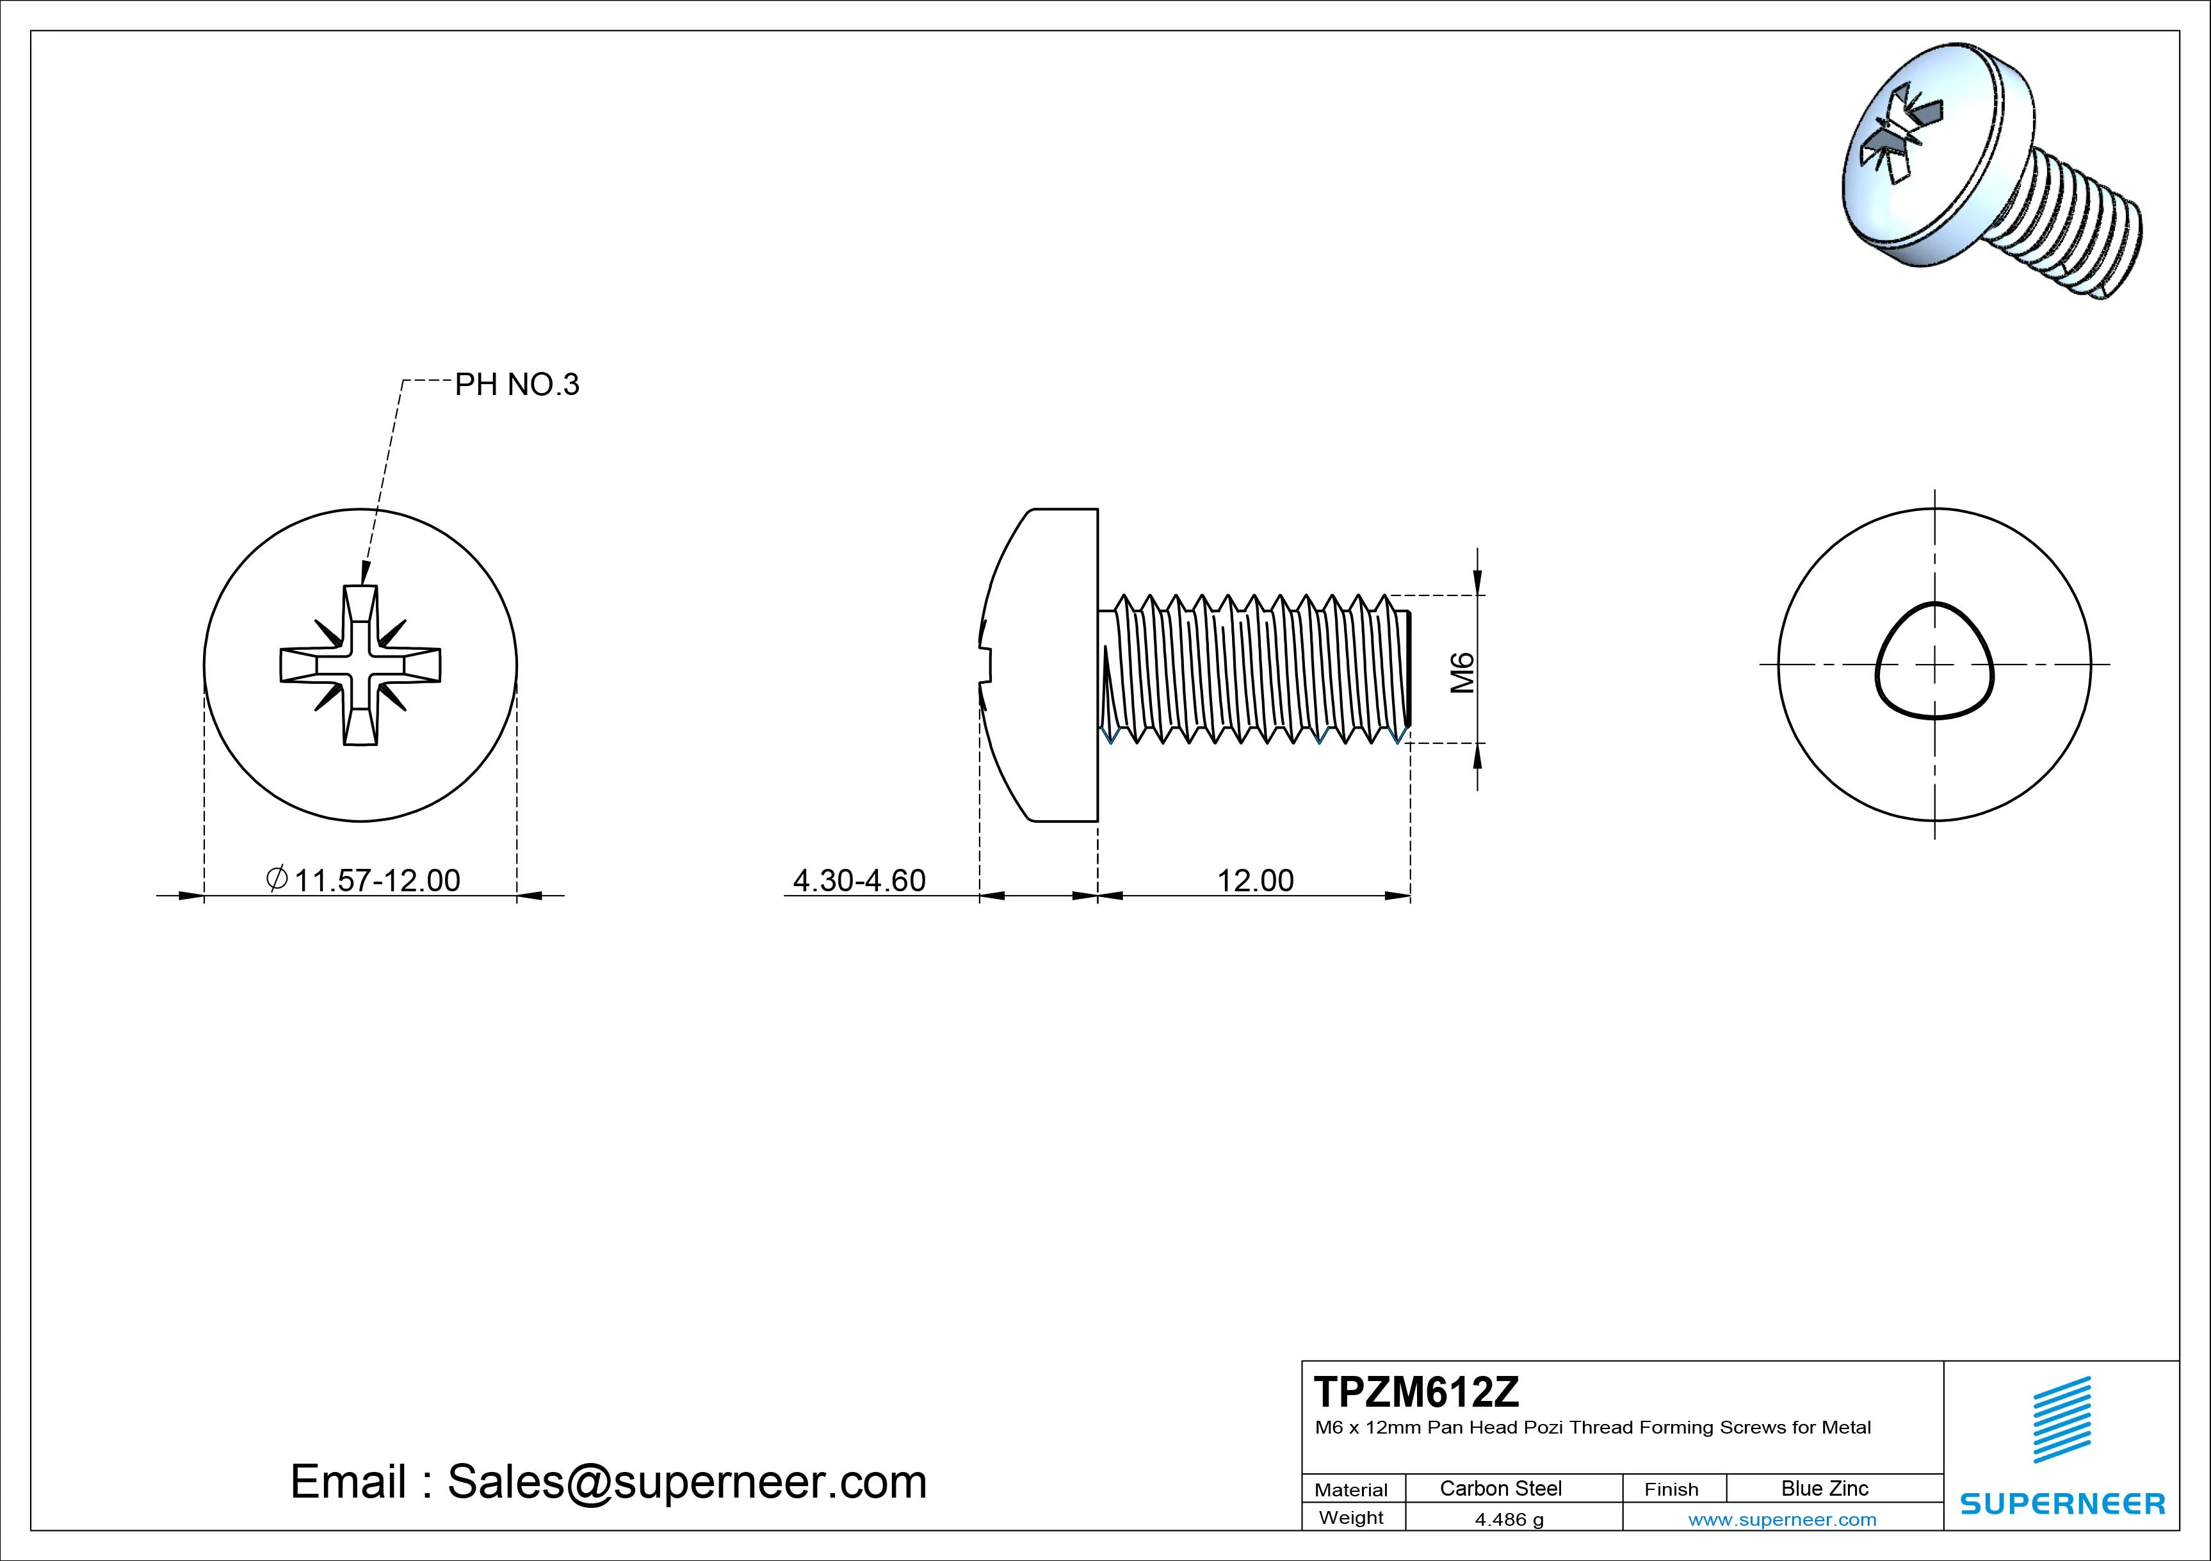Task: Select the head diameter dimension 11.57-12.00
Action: [x=377, y=880]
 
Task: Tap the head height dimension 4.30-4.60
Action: [x=858, y=880]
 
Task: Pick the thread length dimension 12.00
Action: [x=1255, y=880]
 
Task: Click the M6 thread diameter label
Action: [x=1462, y=672]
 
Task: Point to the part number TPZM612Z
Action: [x=1416, y=1391]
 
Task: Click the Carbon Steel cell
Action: [x=1500, y=1488]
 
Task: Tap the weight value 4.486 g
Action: [x=1509, y=1519]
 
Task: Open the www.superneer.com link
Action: [x=1781, y=1519]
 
